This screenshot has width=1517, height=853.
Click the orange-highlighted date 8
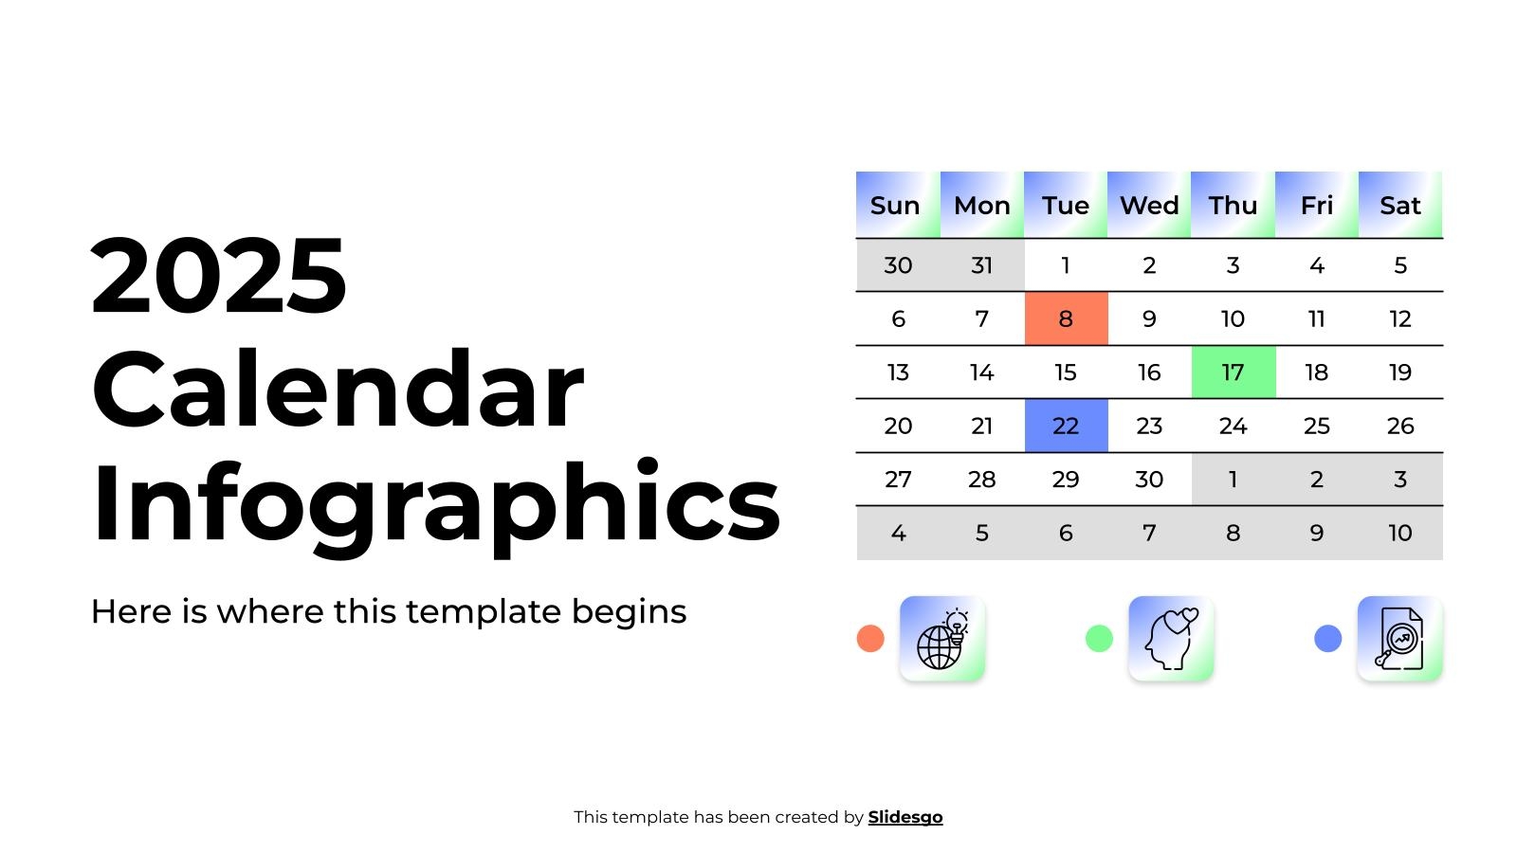(1066, 318)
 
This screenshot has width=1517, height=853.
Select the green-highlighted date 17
(1234, 372)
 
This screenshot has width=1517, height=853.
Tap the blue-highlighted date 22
(1066, 426)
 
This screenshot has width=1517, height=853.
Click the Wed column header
(1149, 205)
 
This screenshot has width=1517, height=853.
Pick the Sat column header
(1400, 205)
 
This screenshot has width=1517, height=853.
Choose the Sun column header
(898, 205)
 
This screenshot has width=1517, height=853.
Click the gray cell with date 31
(982, 264)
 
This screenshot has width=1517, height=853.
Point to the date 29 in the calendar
(1066, 480)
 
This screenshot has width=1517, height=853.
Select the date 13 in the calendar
(898, 372)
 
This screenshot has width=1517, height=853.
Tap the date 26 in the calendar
(1400, 426)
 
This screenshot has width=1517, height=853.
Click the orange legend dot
(870, 639)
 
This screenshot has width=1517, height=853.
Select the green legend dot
(1099, 639)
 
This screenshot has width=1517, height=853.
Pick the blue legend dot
(1328, 639)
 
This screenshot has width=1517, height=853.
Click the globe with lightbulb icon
(942, 639)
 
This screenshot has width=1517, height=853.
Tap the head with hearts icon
(1171, 639)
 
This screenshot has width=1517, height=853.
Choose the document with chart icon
(1399, 639)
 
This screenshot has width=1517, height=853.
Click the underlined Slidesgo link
(905, 817)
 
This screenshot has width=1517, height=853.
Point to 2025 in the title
(219, 275)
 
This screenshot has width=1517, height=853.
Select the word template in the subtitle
(484, 612)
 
